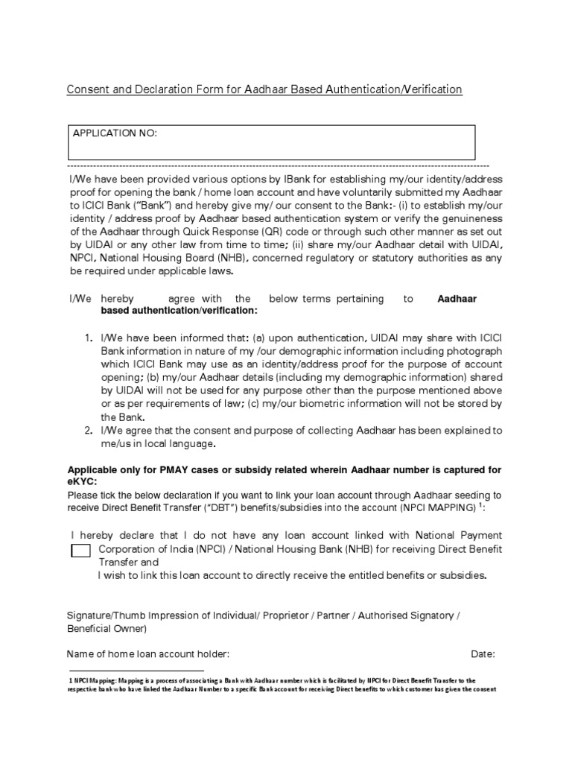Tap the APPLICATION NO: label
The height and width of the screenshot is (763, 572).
click(x=115, y=133)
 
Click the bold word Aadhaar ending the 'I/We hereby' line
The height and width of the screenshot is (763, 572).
click(x=457, y=299)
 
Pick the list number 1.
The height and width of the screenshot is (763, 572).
click(x=88, y=338)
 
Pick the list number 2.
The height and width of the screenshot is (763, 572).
click(x=88, y=431)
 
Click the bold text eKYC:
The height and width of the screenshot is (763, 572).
click(x=82, y=482)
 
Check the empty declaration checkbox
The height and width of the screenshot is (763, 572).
click(x=79, y=551)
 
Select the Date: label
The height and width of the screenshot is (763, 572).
click(x=483, y=654)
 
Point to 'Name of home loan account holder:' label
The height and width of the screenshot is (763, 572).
click(x=148, y=654)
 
